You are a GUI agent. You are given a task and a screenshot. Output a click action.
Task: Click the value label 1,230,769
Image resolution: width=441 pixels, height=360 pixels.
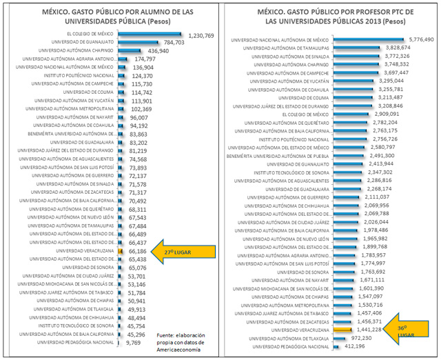(201, 35)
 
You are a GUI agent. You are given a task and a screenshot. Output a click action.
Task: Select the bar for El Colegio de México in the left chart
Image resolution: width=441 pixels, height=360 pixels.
(149, 34)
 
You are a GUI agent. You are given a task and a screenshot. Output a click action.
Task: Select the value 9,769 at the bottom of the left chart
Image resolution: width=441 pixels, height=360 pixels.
(137, 342)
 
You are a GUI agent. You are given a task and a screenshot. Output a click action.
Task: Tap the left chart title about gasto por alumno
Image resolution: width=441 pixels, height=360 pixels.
(112, 15)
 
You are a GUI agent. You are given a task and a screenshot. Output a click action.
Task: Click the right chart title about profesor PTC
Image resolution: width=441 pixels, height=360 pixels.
(331, 15)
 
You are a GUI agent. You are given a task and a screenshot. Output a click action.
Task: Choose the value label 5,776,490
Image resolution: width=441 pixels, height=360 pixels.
(420, 40)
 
